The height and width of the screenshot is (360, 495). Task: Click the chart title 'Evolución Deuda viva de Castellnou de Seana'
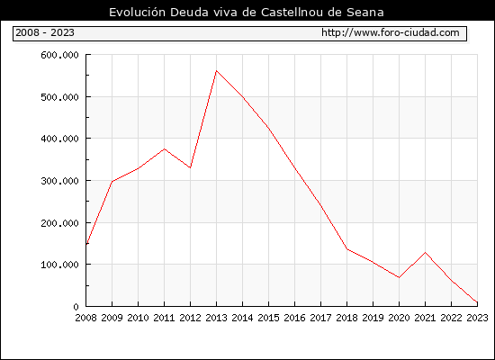tap(247, 12)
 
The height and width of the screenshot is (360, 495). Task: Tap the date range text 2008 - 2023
tap(45, 32)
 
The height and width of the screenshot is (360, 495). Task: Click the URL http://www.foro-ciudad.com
tap(391, 32)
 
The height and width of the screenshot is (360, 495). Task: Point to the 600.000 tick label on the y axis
tap(59, 55)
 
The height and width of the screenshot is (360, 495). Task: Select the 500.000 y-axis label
tap(59, 97)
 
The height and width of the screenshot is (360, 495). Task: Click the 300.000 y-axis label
tap(59, 181)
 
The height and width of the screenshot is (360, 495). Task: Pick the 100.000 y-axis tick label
tap(59, 265)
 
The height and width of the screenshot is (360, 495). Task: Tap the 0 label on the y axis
tap(76, 306)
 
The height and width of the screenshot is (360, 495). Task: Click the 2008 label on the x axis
tap(85, 318)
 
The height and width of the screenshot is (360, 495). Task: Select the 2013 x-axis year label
tap(216, 318)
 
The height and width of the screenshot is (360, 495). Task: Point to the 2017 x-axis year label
tap(320, 318)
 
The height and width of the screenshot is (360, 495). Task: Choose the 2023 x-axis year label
tap(477, 318)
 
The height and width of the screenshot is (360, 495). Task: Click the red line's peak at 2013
tap(216, 71)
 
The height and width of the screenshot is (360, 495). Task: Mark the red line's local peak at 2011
tap(164, 149)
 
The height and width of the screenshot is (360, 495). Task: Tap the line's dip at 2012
tap(191, 167)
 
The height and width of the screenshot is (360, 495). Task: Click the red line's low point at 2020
tap(399, 277)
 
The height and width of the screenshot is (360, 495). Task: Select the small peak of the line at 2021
tap(425, 252)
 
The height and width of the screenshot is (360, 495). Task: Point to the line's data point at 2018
tap(346, 249)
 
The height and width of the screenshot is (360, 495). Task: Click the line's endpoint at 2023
tap(477, 302)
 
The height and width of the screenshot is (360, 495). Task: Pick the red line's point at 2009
tap(112, 182)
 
